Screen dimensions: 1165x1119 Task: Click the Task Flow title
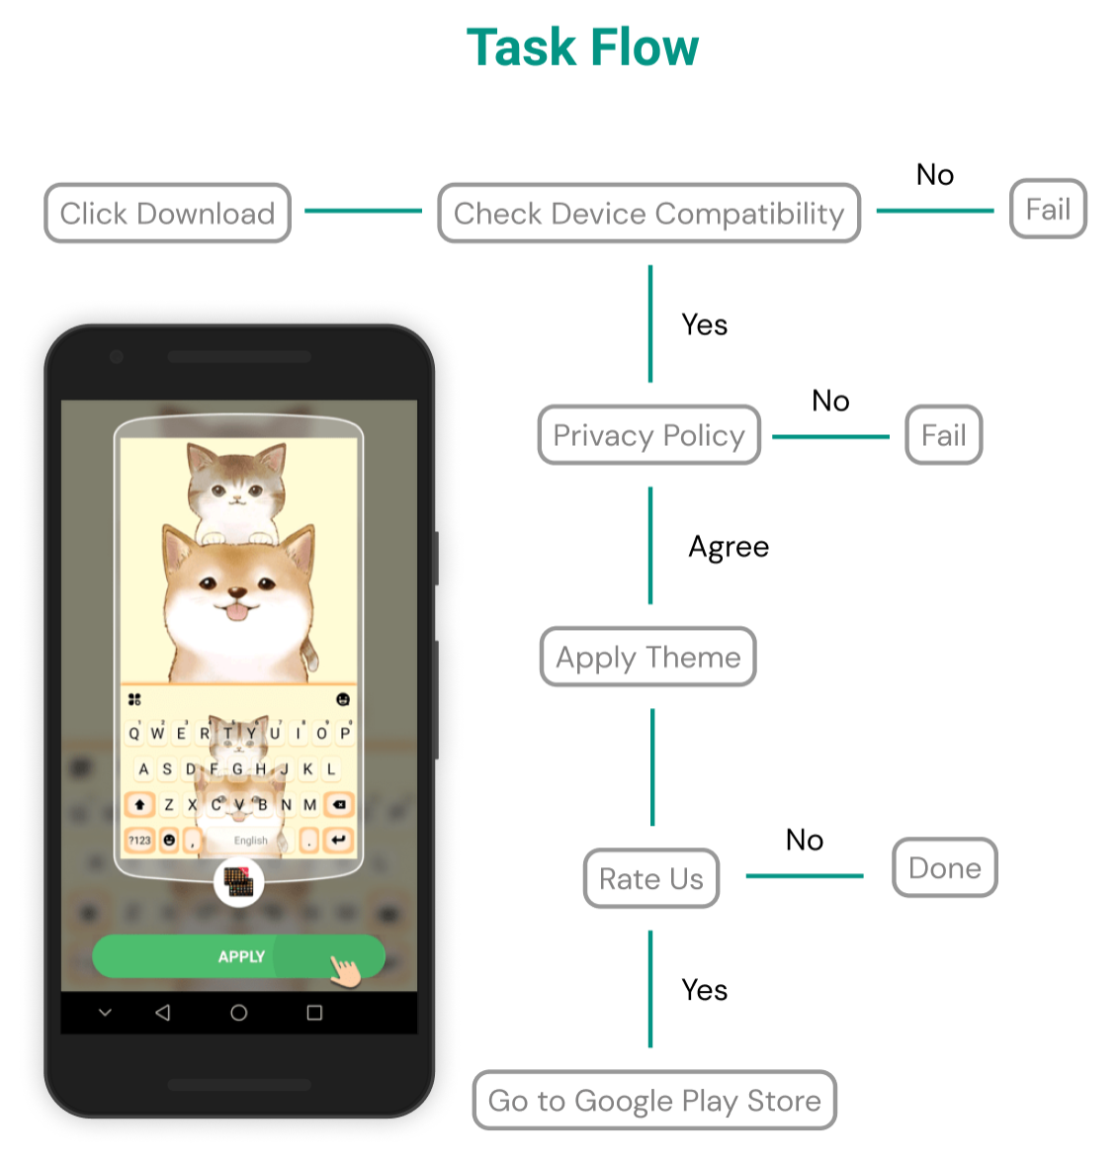tap(582, 47)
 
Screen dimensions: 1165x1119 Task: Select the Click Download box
tap(167, 213)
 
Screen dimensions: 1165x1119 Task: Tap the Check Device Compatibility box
tap(648, 213)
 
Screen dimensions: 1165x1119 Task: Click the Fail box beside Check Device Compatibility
tap(1048, 209)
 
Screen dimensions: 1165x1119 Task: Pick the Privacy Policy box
tap(648, 435)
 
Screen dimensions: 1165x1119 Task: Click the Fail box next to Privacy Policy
tap(943, 435)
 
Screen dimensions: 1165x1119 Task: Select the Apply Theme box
tap(647, 657)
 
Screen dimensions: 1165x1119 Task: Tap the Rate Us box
tap(650, 878)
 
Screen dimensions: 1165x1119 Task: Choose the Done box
tap(944, 868)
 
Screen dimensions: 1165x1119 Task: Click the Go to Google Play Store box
tap(654, 1100)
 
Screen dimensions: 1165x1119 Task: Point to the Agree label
tap(729, 547)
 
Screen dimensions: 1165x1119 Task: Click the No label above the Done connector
tap(804, 840)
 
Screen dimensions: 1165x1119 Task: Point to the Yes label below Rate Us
tap(704, 990)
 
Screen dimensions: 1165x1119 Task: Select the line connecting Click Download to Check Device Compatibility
tap(363, 211)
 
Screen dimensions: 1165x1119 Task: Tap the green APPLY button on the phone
tap(238, 956)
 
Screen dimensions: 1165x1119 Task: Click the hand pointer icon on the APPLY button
tap(346, 970)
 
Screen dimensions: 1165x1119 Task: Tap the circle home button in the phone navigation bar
tap(238, 1013)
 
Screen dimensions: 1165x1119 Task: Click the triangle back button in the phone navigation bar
tap(163, 1013)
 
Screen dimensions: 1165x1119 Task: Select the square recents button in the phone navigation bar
tap(314, 1013)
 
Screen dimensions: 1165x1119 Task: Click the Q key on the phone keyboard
tap(134, 733)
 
